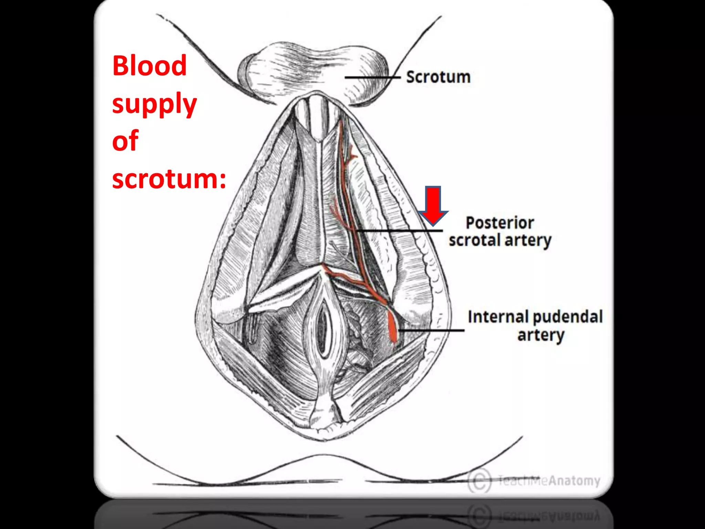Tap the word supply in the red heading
click(x=154, y=104)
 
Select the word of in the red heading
click(x=125, y=141)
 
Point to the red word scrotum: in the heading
click(x=169, y=179)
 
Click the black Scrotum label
click(x=438, y=77)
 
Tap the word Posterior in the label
click(x=500, y=223)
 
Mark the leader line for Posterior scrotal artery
click(x=399, y=231)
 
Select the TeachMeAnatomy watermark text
click(x=549, y=480)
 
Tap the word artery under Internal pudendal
click(x=541, y=335)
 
